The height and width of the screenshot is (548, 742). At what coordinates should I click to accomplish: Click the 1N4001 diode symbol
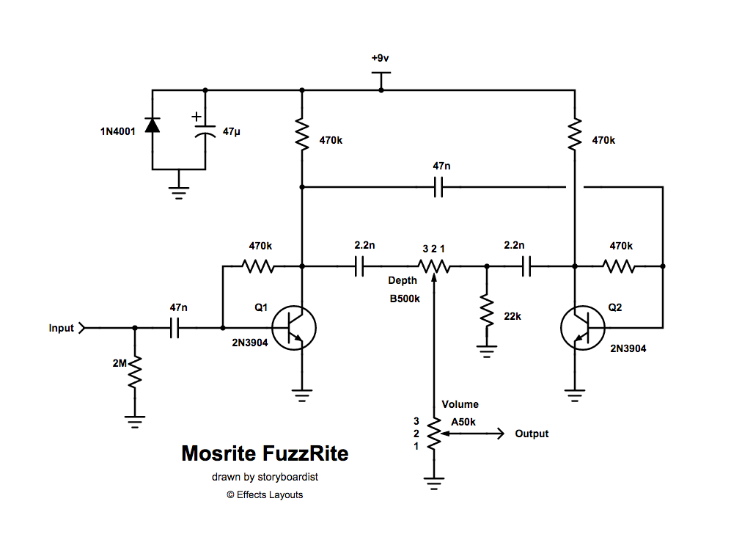coord(152,125)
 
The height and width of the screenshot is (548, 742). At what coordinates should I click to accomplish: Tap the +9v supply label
coord(380,58)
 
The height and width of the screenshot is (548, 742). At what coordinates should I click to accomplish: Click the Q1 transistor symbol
coord(294,328)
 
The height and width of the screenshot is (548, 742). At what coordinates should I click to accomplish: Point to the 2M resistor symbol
coord(134,373)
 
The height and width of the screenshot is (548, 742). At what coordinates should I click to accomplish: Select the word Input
coord(62,328)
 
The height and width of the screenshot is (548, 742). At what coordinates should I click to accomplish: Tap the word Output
coord(532,434)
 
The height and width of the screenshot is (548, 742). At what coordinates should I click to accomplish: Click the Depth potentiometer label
coord(403,280)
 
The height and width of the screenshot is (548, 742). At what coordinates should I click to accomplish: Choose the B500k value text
coord(405,299)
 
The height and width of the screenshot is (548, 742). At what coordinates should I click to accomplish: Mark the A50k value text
coord(463,422)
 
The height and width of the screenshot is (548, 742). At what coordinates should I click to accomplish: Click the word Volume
coord(460,404)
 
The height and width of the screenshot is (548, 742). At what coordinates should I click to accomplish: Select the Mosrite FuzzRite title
coord(265,453)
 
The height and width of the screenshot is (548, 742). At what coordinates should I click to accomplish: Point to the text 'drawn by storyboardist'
coord(265,477)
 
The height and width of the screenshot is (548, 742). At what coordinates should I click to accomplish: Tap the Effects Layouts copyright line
coord(265,494)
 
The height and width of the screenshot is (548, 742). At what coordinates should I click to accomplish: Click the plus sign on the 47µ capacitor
coord(196,116)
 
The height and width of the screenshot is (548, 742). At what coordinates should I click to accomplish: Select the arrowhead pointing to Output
coord(501,434)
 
